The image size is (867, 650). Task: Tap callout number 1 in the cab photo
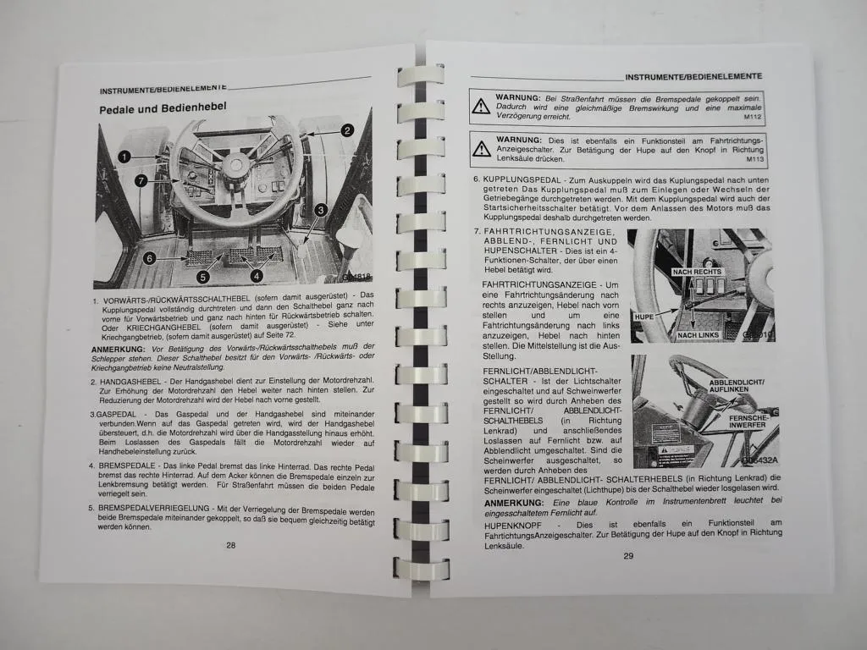(x=124, y=157)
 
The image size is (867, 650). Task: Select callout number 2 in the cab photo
(x=347, y=130)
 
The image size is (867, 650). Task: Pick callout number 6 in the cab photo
(x=148, y=258)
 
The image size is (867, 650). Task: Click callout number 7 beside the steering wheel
(x=141, y=180)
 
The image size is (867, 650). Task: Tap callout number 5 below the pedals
(x=202, y=276)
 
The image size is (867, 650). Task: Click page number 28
(x=231, y=545)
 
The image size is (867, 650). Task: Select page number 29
(x=628, y=556)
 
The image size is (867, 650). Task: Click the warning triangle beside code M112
(x=481, y=107)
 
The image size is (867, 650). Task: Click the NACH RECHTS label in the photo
(x=696, y=272)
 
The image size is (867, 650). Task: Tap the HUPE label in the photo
(x=645, y=316)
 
